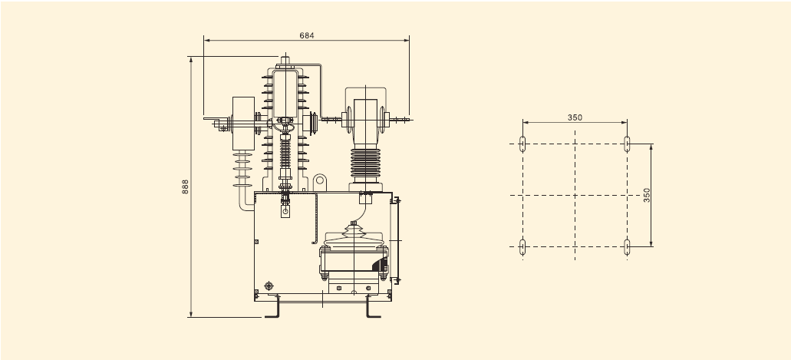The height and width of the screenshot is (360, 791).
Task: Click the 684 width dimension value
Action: (x=307, y=35)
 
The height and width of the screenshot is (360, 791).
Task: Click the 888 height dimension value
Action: (x=185, y=187)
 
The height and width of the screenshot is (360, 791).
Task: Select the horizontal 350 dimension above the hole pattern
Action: (x=575, y=117)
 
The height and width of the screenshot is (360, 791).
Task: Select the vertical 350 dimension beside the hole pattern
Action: (x=647, y=194)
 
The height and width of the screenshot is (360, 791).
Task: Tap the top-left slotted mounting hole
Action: (x=522, y=143)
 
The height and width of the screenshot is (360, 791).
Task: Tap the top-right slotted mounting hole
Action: (x=627, y=143)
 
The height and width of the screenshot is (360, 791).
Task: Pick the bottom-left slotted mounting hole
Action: (x=522, y=246)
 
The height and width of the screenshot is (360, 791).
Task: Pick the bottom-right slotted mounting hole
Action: (x=627, y=246)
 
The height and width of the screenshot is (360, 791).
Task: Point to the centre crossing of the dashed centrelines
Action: (x=575, y=195)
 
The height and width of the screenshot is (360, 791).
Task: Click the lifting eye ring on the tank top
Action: (x=319, y=182)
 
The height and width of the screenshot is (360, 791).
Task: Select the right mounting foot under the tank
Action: (x=374, y=308)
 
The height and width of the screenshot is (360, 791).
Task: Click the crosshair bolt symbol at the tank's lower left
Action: (x=269, y=286)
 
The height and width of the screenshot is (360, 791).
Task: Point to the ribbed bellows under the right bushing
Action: (x=364, y=163)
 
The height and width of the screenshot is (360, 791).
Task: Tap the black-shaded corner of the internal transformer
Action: (x=381, y=263)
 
